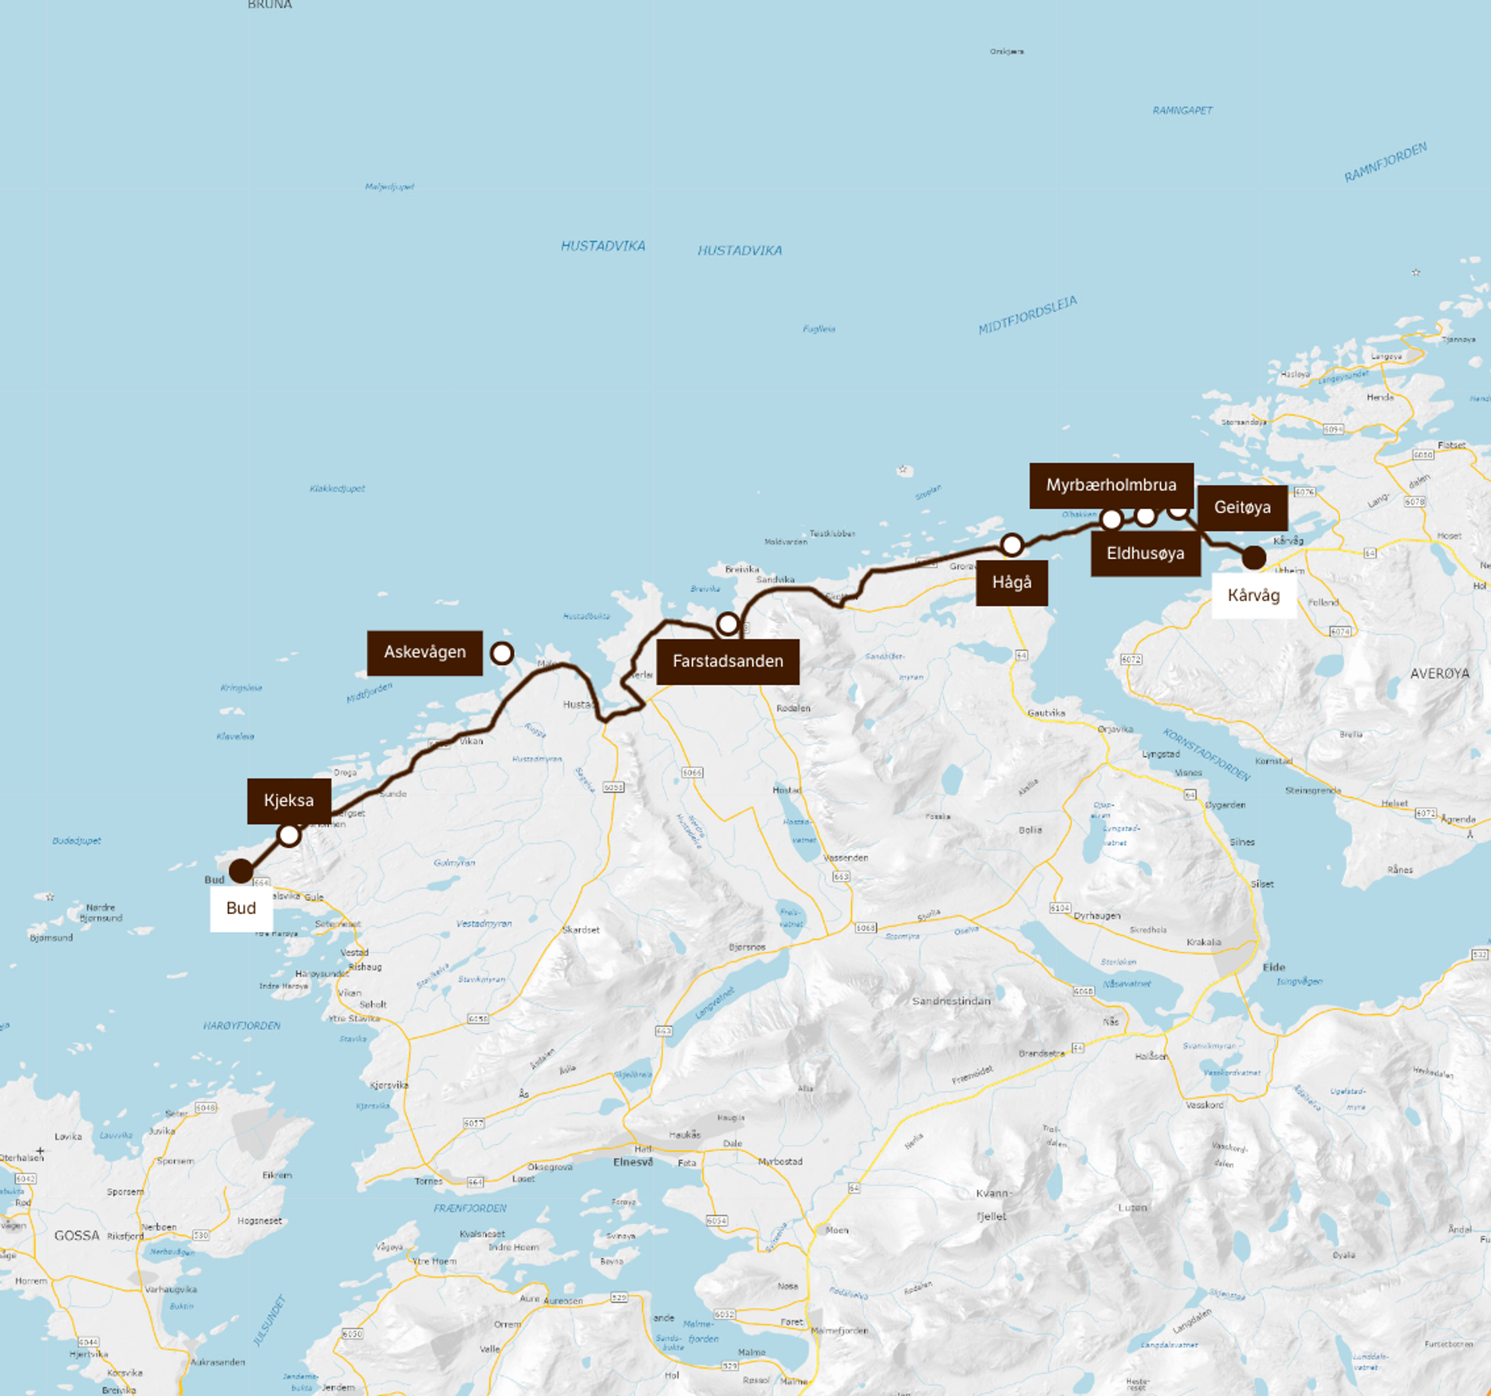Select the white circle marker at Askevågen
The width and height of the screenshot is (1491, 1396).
[502, 653]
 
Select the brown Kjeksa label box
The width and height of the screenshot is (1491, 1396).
[289, 801]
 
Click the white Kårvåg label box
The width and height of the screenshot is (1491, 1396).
[1253, 595]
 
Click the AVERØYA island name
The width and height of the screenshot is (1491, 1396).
[1439, 673]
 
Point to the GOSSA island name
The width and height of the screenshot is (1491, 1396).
[76, 1235]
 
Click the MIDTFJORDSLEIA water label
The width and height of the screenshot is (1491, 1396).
[1027, 315]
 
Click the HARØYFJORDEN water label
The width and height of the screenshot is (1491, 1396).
[242, 1025]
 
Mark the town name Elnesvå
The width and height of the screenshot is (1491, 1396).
[633, 1162]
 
